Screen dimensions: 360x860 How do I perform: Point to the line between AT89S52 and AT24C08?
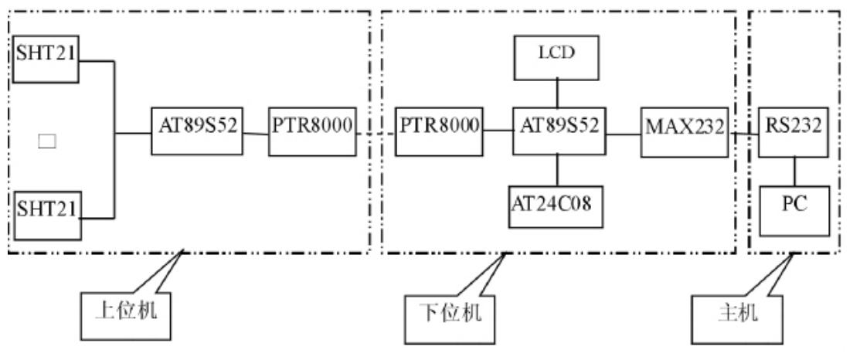[x=558, y=169]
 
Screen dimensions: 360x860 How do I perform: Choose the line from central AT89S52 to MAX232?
[x=622, y=133]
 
